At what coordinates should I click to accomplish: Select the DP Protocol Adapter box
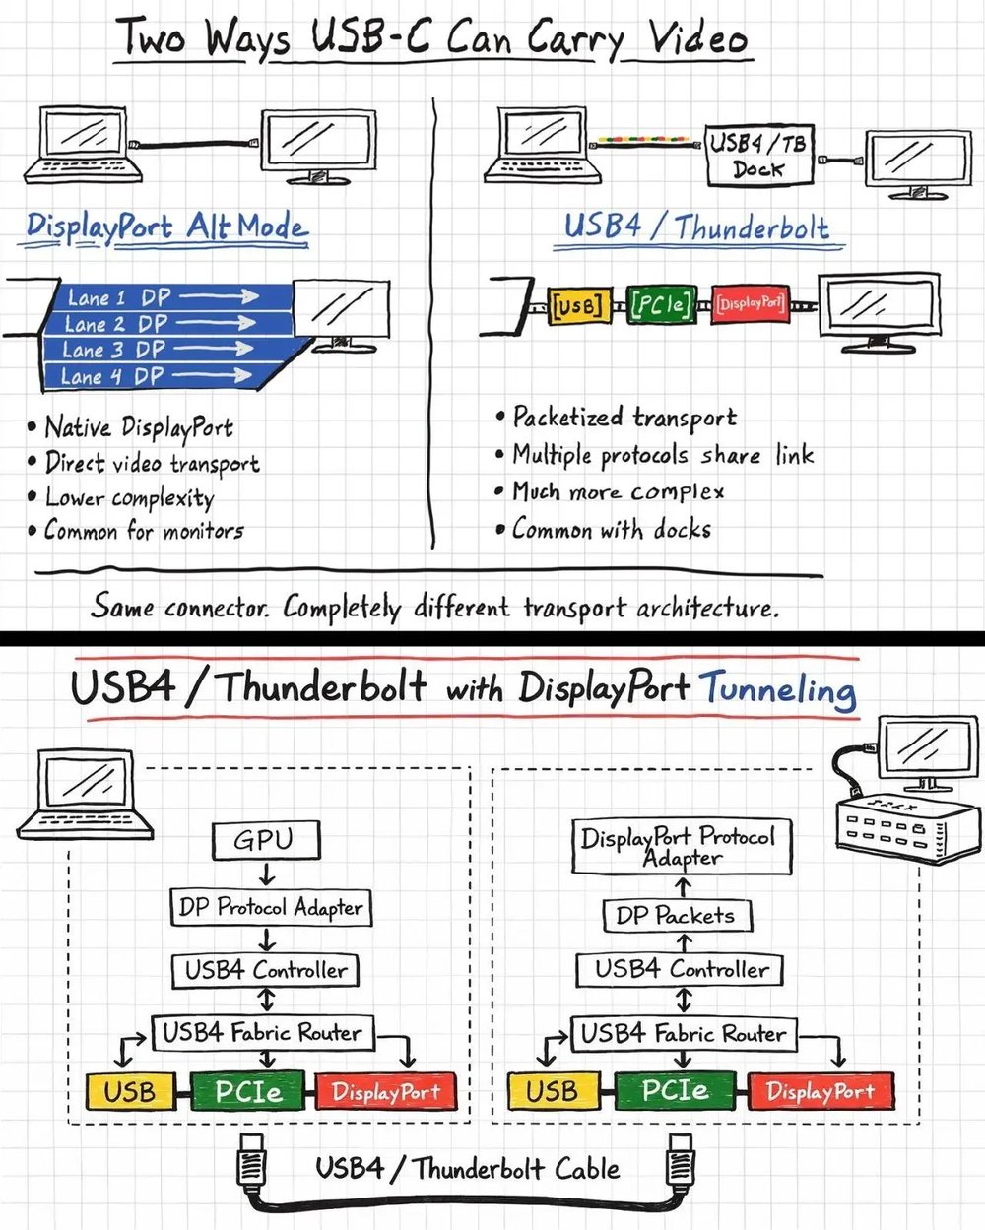(271, 907)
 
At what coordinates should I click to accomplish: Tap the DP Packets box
(676, 916)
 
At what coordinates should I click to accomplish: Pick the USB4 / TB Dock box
(759, 155)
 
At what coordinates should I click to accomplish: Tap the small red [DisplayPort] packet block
(751, 303)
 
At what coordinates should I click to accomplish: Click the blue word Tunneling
(777, 688)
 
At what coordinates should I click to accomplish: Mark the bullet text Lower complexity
(129, 498)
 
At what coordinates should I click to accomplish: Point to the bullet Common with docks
(611, 530)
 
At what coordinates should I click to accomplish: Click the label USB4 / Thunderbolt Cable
(467, 1169)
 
